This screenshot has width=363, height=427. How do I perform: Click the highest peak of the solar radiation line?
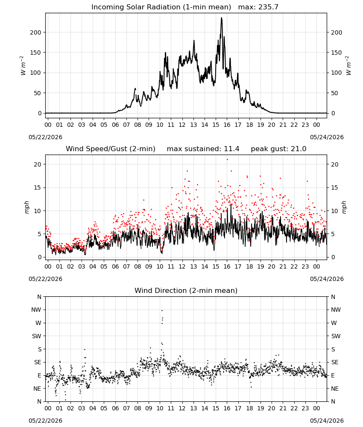click(x=221, y=18)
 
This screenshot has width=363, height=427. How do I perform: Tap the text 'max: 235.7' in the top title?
click(x=258, y=7)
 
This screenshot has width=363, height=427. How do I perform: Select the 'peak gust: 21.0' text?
click(x=278, y=149)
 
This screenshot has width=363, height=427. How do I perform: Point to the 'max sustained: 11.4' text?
click(x=203, y=149)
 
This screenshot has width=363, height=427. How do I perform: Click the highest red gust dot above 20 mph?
click(x=227, y=160)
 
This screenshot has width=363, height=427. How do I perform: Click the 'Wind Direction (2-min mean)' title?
click(x=186, y=290)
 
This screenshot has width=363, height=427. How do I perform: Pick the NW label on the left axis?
click(x=36, y=310)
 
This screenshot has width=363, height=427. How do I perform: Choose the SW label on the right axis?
click(x=336, y=336)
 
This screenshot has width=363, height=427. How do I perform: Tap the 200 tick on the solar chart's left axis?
click(x=35, y=32)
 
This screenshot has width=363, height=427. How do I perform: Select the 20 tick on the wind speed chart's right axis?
click(x=335, y=164)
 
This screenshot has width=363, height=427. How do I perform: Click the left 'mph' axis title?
click(x=26, y=207)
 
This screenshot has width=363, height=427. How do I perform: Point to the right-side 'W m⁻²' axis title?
click(x=348, y=66)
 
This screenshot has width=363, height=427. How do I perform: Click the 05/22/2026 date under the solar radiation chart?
click(x=45, y=137)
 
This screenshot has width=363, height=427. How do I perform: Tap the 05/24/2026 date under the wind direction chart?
click(x=327, y=421)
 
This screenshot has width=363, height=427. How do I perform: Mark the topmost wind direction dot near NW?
click(x=162, y=310)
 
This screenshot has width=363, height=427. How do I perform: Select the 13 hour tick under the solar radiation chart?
click(x=193, y=125)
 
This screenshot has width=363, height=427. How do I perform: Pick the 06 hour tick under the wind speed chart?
click(x=115, y=266)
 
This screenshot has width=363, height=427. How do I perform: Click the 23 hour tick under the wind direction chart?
click(x=305, y=408)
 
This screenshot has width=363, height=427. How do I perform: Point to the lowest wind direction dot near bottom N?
click(x=65, y=400)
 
